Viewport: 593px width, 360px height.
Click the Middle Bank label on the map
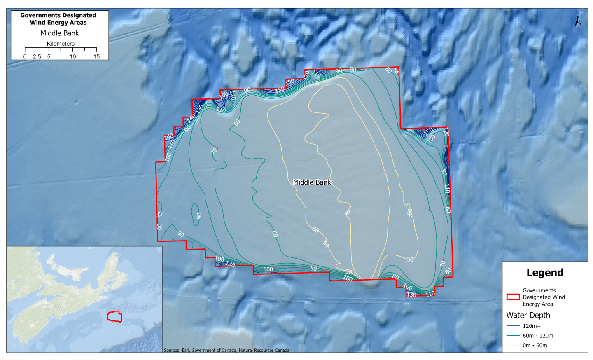pyautogui.click(x=312, y=182)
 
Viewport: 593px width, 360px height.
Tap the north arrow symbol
pyautogui.click(x=578, y=19)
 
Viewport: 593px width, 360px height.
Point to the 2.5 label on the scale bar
pyautogui.click(x=37, y=56)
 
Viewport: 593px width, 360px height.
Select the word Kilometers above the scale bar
pyautogui.click(x=61, y=44)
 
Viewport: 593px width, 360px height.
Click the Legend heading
pyautogui.click(x=545, y=273)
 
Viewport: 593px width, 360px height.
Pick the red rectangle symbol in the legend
pyautogui.click(x=513, y=297)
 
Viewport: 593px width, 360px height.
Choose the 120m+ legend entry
pyautogui.click(x=532, y=326)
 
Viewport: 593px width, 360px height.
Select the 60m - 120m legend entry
pyautogui.click(x=538, y=336)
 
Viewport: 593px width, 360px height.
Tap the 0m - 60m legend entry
pyautogui.click(x=535, y=345)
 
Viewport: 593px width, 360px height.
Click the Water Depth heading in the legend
pyautogui.click(x=528, y=315)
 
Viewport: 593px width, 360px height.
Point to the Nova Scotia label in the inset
pyautogui.click(x=54, y=307)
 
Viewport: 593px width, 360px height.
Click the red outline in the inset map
pyautogui.click(x=114, y=316)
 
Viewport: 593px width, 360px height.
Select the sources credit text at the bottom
pyautogui.click(x=226, y=350)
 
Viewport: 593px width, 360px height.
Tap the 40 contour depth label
pyautogui.click(x=347, y=212)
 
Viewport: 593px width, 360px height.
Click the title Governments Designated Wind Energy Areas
pyautogui.click(x=58, y=19)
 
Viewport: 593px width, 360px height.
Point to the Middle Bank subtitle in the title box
pyautogui.click(x=60, y=33)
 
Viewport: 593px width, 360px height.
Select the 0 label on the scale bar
pyautogui.click(x=25, y=56)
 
